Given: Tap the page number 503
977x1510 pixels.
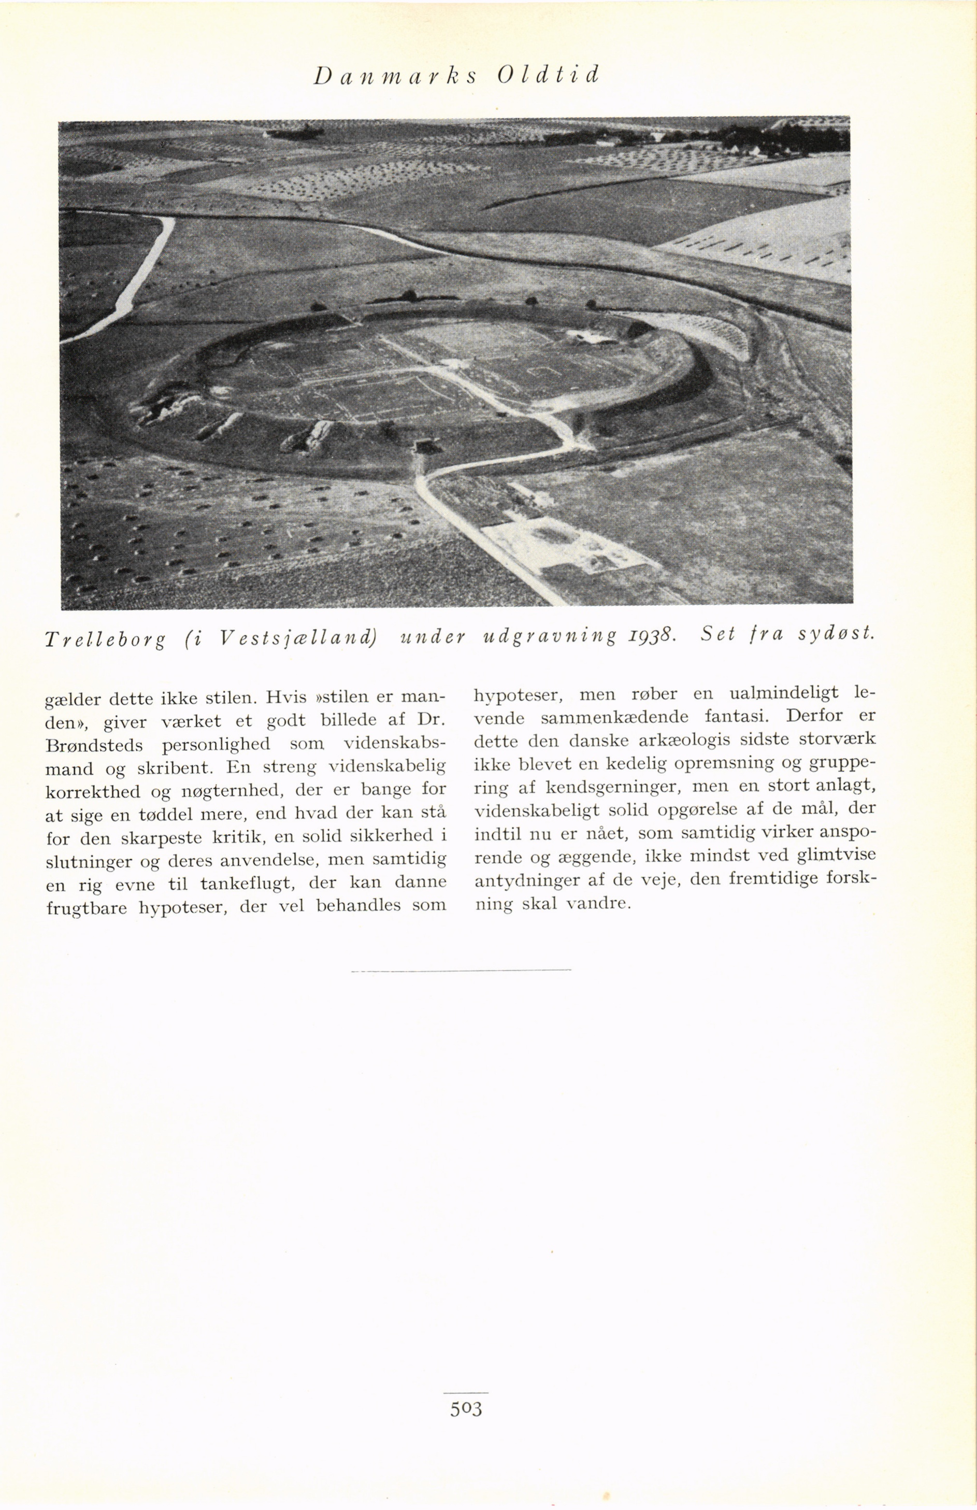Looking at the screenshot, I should pos(466,1408).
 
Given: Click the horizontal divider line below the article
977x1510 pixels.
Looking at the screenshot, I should pos(461,970).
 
